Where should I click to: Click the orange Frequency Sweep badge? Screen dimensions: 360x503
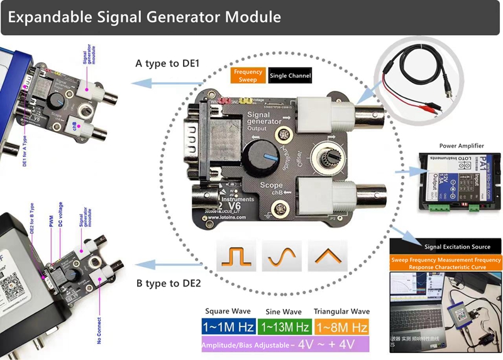pos(248,75)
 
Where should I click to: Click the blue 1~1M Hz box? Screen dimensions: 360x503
pos(228,327)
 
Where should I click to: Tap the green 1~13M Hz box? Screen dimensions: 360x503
pos(284,327)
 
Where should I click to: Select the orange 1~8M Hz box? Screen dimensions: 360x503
pos(341,327)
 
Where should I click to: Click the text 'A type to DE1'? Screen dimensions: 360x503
pos(167,63)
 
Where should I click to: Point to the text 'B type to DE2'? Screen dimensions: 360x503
pos(169,283)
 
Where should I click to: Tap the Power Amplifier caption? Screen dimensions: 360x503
pos(462,146)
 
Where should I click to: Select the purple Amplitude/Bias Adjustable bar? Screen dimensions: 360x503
pos(286,344)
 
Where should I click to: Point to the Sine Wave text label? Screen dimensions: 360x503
pos(284,312)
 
